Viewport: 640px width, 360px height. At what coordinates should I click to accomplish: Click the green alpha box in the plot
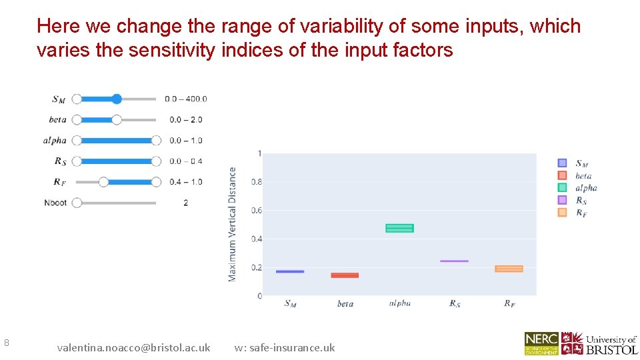coord(399,228)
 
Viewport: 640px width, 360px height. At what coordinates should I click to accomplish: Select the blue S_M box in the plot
coord(290,271)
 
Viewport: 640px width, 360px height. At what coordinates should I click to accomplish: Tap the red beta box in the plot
coord(345,275)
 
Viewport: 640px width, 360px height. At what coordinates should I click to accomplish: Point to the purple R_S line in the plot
coord(454,261)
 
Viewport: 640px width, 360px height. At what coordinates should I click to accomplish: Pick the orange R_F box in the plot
coord(509,269)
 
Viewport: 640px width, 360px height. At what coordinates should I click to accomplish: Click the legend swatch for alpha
coord(562,187)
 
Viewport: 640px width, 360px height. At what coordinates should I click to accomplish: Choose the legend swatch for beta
coord(562,175)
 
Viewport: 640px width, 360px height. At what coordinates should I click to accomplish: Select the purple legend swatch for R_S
coord(562,200)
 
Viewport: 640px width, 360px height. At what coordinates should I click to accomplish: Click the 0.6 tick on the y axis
coord(256,211)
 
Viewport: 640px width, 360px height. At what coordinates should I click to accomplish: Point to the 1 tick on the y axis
coord(259,154)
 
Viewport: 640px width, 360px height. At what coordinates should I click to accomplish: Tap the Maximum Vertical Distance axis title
coord(233,224)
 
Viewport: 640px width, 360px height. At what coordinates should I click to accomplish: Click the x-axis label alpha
coord(399,303)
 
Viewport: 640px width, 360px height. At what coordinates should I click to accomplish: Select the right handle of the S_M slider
coord(117,99)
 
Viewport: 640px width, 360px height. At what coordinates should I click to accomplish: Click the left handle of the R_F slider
coord(103,182)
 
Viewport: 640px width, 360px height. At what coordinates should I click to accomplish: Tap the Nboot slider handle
coord(77,203)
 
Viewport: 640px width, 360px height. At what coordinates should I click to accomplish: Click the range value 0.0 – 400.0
coord(186,99)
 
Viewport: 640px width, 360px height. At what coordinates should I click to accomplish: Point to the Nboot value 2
coord(185,203)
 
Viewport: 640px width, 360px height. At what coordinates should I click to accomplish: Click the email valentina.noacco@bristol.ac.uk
coord(133,347)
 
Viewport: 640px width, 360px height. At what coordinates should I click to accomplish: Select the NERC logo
coord(541,343)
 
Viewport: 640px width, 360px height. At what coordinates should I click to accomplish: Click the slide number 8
coord(6,343)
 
